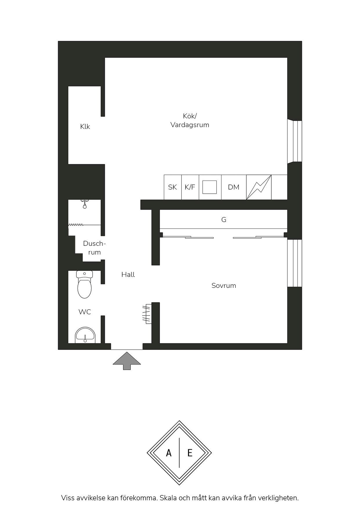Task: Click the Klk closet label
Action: coord(85,127)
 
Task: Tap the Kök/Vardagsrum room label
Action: coord(190,120)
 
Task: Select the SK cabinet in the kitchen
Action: coord(173,187)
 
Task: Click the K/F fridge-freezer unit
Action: coord(190,187)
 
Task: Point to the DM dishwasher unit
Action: coord(234,187)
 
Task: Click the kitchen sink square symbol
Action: coord(210,187)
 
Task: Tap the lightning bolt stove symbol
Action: coord(259,187)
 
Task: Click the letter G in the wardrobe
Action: coord(224,220)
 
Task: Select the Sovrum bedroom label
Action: coord(224,286)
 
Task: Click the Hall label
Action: coord(128,275)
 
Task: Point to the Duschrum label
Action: coord(94,248)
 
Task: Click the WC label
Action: coord(85,312)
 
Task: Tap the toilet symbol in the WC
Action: coord(84,284)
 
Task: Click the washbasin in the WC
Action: coord(85,335)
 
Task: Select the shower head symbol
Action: coord(84,204)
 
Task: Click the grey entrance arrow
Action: coord(127,361)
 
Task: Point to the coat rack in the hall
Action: coord(147,314)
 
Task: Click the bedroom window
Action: coord(295,263)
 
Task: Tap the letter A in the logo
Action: coord(169,453)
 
